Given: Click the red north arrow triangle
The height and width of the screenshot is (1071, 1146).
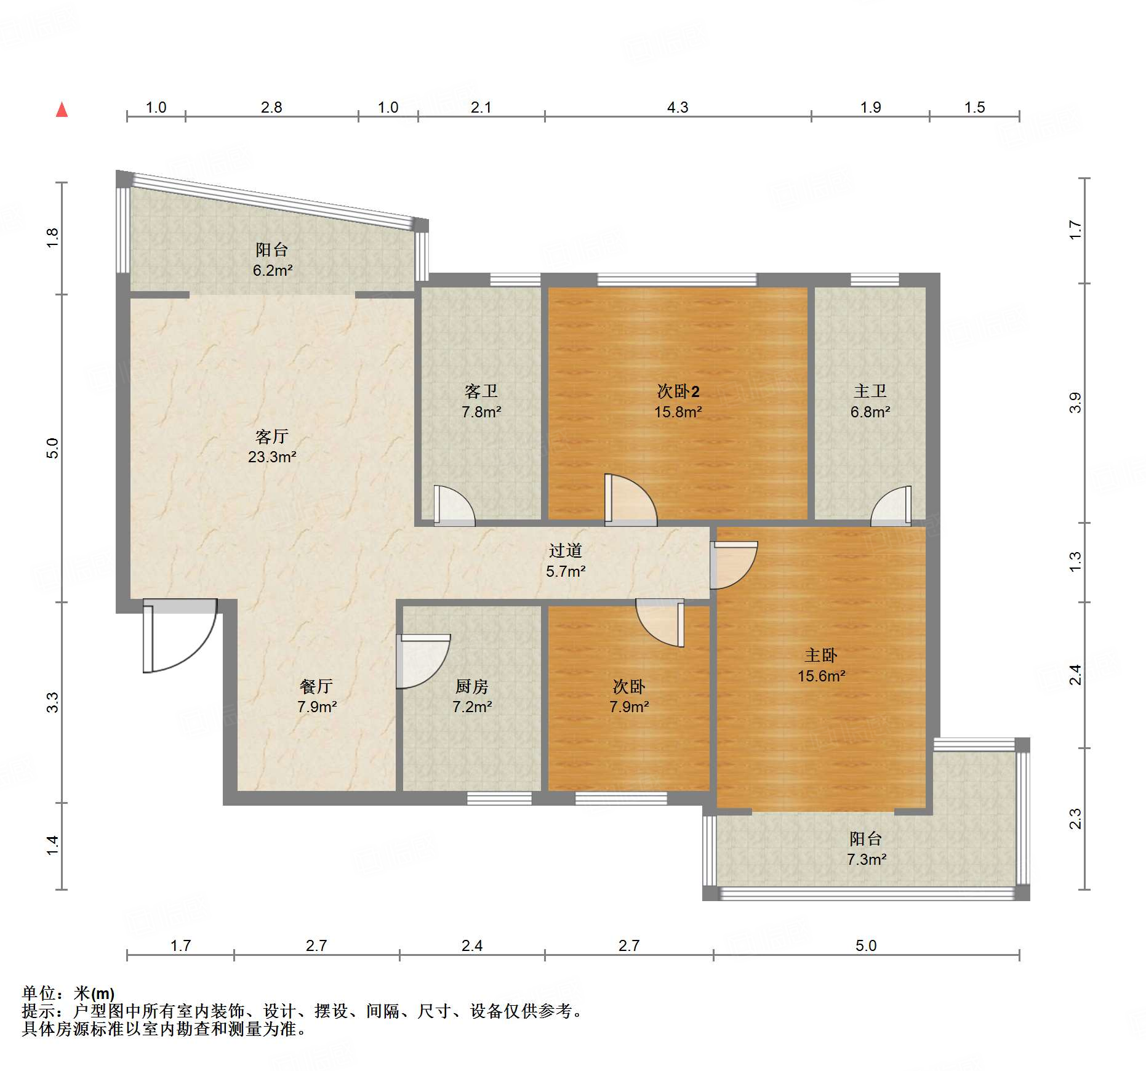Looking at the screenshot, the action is (62, 110).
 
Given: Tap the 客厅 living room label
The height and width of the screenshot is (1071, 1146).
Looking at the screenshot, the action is (271, 436).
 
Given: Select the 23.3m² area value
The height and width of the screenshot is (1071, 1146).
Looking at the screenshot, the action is (272, 457).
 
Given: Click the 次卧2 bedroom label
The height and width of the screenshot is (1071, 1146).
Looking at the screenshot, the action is (678, 391).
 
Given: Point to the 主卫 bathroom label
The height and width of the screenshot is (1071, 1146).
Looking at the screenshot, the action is (870, 391).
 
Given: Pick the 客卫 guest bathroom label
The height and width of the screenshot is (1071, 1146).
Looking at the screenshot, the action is (481, 391).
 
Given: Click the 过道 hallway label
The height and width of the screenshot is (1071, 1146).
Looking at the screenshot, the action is (566, 550).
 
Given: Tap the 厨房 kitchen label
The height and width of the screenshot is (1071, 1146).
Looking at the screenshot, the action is (472, 686).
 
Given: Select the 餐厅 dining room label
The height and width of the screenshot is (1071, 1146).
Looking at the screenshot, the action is (316, 686).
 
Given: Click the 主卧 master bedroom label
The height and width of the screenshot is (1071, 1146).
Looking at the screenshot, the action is (821, 656).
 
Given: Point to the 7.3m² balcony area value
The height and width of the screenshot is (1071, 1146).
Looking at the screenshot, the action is (867, 859).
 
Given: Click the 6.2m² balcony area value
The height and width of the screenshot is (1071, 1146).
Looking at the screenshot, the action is (273, 270).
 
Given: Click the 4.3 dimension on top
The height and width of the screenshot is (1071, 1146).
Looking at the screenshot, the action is (678, 107).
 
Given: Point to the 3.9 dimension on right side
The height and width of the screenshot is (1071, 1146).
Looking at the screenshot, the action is (1075, 403).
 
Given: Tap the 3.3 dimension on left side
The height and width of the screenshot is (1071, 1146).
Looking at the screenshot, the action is (53, 702).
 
